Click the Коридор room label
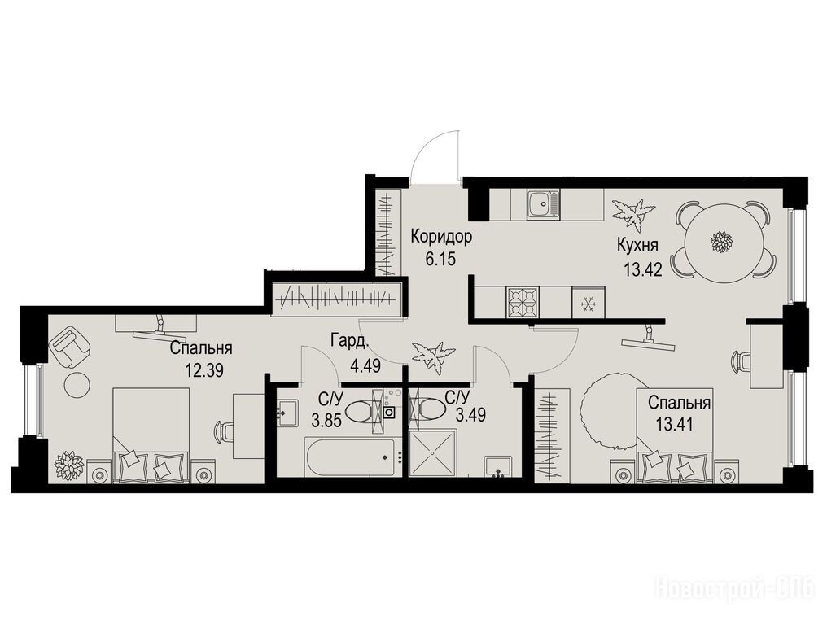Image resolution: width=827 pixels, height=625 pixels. pyautogui.click(x=441, y=237)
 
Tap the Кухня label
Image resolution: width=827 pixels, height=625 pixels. pyautogui.click(x=637, y=246)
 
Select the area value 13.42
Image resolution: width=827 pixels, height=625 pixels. pyautogui.click(x=642, y=270)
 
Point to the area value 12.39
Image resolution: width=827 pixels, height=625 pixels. pyautogui.click(x=204, y=369)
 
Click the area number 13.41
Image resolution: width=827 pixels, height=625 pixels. pyautogui.click(x=673, y=422)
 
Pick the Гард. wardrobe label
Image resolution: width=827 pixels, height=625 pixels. pyautogui.click(x=350, y=341)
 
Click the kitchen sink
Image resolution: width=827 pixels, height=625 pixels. pyautogui.click(x=543, y=203)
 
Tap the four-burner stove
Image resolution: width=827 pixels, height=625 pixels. pyautogui.click(x=523, y=302)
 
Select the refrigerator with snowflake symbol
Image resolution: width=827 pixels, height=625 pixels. pyautogui.click(x=588, y=302)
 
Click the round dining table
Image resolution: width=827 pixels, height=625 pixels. pyautogui.click(x=724, y=242)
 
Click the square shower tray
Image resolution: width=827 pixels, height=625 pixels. pyautogui.click(x=432, y=452)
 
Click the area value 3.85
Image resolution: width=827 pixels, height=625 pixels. pyautogui.click(x=326, y=421)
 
